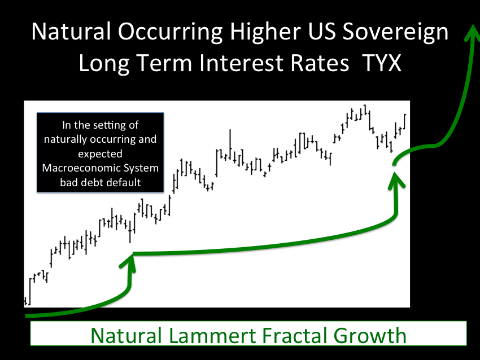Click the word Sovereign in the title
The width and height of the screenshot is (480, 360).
(x=395, y=32)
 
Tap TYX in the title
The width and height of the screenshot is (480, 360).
(x=381, y=63)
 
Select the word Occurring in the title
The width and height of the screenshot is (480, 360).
(x=171, y=32)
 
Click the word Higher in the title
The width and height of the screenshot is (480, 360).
(x=265, y=32)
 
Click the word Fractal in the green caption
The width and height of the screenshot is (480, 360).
(x=294, y=336)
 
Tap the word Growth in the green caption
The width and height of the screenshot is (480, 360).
(x=369, y=336)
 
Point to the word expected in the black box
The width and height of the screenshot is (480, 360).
(x=100, y=154)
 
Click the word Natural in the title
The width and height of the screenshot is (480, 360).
(x=71, y=32)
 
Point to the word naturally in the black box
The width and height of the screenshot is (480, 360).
(x=66, y=139)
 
